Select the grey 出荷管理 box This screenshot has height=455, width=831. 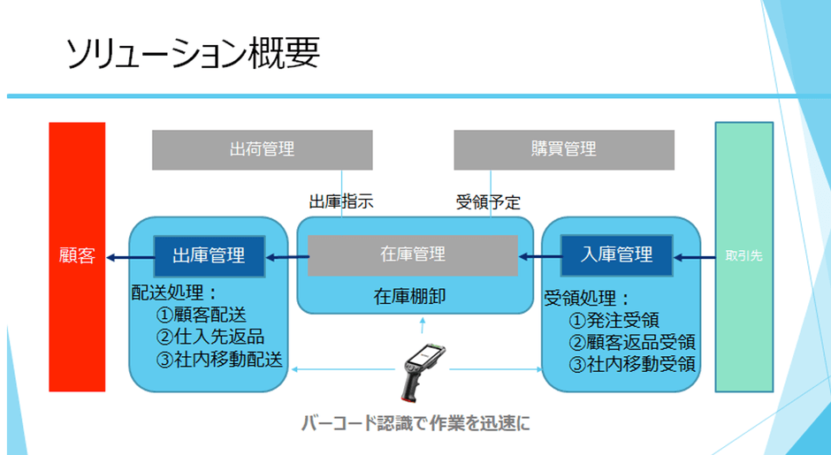(262, 149)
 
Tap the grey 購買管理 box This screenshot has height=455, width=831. (564, 149)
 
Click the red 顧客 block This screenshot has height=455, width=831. (77, 257)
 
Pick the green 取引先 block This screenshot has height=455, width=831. (743, 256)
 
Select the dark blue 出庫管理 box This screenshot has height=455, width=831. (211, 256)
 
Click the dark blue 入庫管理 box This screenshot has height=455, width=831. (617, 255)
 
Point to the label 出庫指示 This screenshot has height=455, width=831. (341, 201)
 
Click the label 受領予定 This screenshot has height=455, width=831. (488, 201)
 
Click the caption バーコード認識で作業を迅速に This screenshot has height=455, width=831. (414, 422)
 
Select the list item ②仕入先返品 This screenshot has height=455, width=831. (210, 337)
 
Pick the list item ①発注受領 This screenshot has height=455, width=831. (614, 320)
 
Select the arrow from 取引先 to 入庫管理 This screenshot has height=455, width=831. (695, 257)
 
